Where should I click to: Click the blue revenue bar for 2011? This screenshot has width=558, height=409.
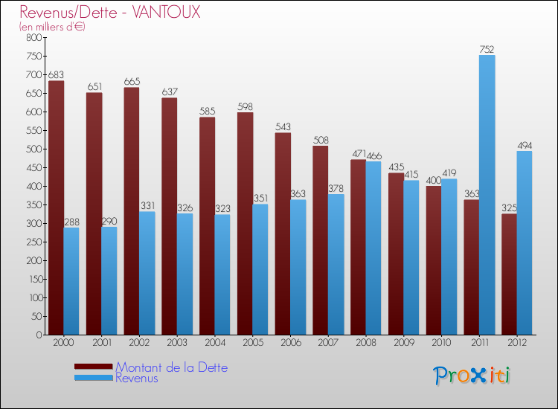pos(487,195)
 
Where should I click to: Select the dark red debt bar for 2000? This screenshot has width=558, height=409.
pos(56,207)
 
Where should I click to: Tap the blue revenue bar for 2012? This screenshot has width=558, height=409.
pos(525,242)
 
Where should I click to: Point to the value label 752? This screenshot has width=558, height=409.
pos(487,50)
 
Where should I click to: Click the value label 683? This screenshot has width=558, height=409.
pos(56,75)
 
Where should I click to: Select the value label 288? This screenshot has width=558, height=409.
pos(71,222)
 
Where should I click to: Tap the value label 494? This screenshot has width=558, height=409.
pos(525,146)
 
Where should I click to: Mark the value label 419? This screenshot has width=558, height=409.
pos(449,173)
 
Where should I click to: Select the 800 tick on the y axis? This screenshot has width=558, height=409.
pos(33,37)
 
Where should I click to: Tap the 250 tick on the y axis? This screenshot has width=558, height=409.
pos(33,242)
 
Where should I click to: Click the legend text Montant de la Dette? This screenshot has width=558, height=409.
pos(171,367)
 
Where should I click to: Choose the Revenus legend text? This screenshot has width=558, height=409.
pos(137,378)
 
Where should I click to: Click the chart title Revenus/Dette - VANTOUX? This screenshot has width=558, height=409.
pos(109,13)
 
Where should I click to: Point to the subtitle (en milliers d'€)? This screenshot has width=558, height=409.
pos(52,27)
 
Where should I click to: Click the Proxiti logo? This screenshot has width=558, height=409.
pos(472,376)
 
